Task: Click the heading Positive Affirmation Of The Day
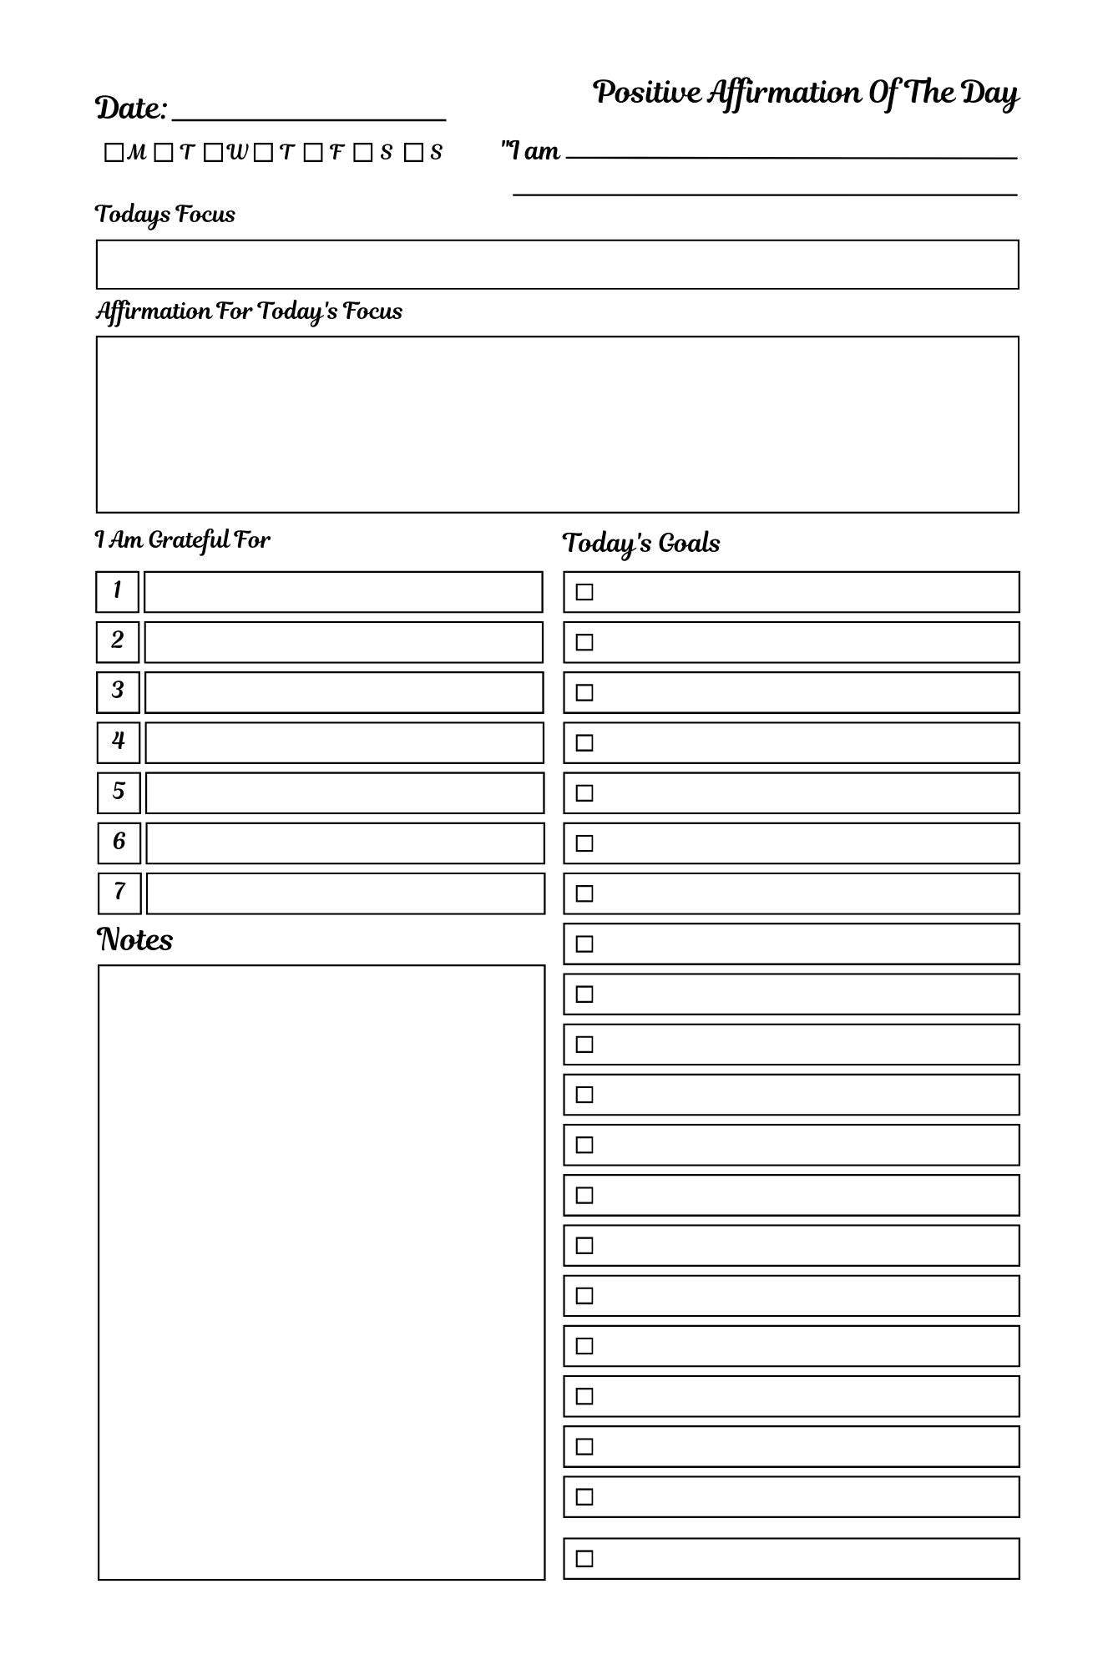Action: (806, 93)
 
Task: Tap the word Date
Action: (130, 109)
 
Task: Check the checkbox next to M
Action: (114, 153)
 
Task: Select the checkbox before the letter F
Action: (313, 153)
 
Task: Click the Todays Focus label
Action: (165, 215)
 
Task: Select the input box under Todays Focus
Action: (557, 265)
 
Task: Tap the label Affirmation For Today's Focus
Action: (249, 311)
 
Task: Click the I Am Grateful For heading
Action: (183, 540)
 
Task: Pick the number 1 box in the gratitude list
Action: (117, 591)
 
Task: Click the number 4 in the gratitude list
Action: (118, 741)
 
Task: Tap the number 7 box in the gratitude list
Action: (119, 893)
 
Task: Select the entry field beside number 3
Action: (343, 692)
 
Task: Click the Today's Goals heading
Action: (640, 544)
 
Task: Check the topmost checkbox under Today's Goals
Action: (584, 592)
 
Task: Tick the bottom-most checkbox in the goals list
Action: (584, 1558)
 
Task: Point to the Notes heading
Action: (135, 940)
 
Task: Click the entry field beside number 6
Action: (345, 843)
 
